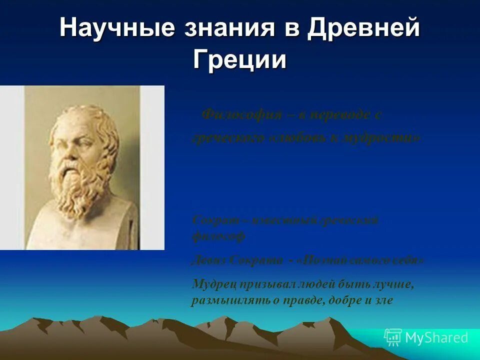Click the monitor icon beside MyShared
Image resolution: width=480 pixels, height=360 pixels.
click(x=393, y=338)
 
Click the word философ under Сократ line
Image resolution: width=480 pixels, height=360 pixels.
click(x=218, y=236)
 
